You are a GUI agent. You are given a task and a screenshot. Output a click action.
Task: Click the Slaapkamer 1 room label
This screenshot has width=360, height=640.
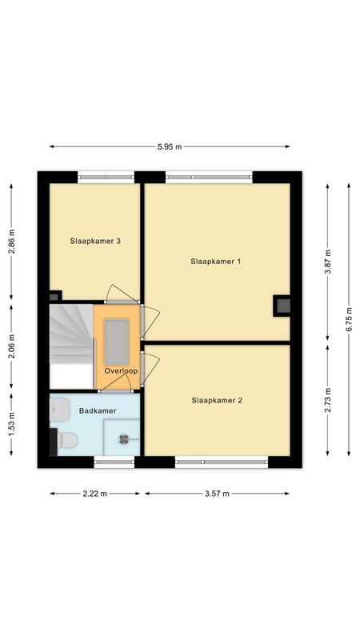tap(216, 262)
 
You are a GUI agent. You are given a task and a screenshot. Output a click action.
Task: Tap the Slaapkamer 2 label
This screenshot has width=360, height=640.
tap(217, 401)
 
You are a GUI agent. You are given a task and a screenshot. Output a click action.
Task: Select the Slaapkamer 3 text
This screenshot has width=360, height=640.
tap(95, 241)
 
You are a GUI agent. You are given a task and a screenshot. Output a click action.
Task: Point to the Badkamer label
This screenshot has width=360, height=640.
tap(98, 410)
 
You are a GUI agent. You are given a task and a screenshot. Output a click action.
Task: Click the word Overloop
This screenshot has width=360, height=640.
tap(121, 371)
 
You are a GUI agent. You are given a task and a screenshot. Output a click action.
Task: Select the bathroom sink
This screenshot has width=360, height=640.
tap(55, 410)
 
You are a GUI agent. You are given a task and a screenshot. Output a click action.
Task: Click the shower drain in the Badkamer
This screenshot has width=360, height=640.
tap(124, 438)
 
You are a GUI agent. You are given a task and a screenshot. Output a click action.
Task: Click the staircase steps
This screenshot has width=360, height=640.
tap(70, 336)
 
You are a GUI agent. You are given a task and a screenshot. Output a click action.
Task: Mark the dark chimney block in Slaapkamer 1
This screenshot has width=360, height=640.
tap(282, 305)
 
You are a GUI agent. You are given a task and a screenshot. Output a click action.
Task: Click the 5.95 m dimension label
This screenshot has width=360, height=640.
tap(170, 146)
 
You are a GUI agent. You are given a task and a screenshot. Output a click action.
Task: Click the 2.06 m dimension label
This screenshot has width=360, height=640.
tap(11, 349)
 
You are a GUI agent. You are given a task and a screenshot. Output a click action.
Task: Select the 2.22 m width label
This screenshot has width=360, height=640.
tap(95, 494)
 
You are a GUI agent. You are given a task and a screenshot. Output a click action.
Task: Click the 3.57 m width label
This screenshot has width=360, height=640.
tap(216, 494)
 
